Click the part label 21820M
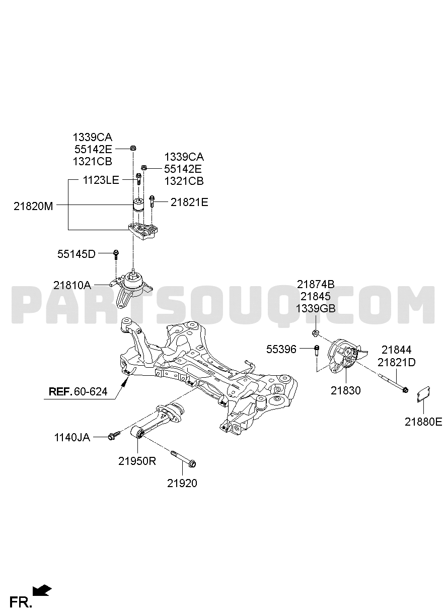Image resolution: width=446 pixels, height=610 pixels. click(x=33, y=207)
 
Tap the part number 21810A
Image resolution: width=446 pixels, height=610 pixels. click(x=72, y=286)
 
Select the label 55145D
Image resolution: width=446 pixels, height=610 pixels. click(x=77, y=254)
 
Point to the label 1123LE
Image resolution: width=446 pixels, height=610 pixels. click(x=101, y=180)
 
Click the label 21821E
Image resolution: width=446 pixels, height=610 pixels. click(x=189, y=202)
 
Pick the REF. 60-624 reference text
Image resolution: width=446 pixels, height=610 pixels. click(x=78, y=391)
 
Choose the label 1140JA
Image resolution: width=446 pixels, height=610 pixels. click(x=72, y=437)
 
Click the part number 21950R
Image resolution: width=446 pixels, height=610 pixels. click(x=137, y=461)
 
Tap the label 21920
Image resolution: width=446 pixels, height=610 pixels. click(x=182, y=483)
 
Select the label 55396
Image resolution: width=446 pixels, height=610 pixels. click(x=281, y=350)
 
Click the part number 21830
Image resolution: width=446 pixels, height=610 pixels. click(x=346, y=390)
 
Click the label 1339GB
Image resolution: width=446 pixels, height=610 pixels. click(x=316, y=309)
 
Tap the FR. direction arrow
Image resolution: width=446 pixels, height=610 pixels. click(x=42, y=589)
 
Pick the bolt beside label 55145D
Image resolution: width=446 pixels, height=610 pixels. click(x=116, y=254)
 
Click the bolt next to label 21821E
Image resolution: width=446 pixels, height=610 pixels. click(x=152, y=201)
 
